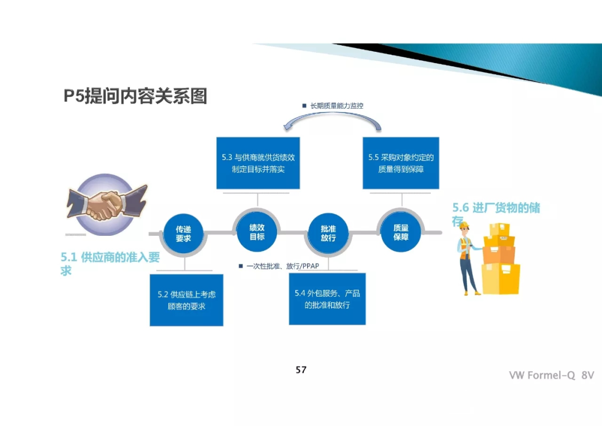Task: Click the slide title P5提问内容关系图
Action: point(135,96)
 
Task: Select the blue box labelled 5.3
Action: point(258,163)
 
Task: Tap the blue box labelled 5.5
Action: point(401,163)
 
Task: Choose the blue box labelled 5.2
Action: point(186,300)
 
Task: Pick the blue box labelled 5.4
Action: point(327,299)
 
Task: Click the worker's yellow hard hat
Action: point(464,225)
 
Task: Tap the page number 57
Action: point(301,370)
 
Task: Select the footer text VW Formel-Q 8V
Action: point(551,375)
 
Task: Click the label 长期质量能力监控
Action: point(337,105)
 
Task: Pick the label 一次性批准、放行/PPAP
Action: point(283,266)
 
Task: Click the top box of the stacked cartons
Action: point(499,229)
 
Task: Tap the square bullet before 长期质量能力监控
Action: point(304,105)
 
